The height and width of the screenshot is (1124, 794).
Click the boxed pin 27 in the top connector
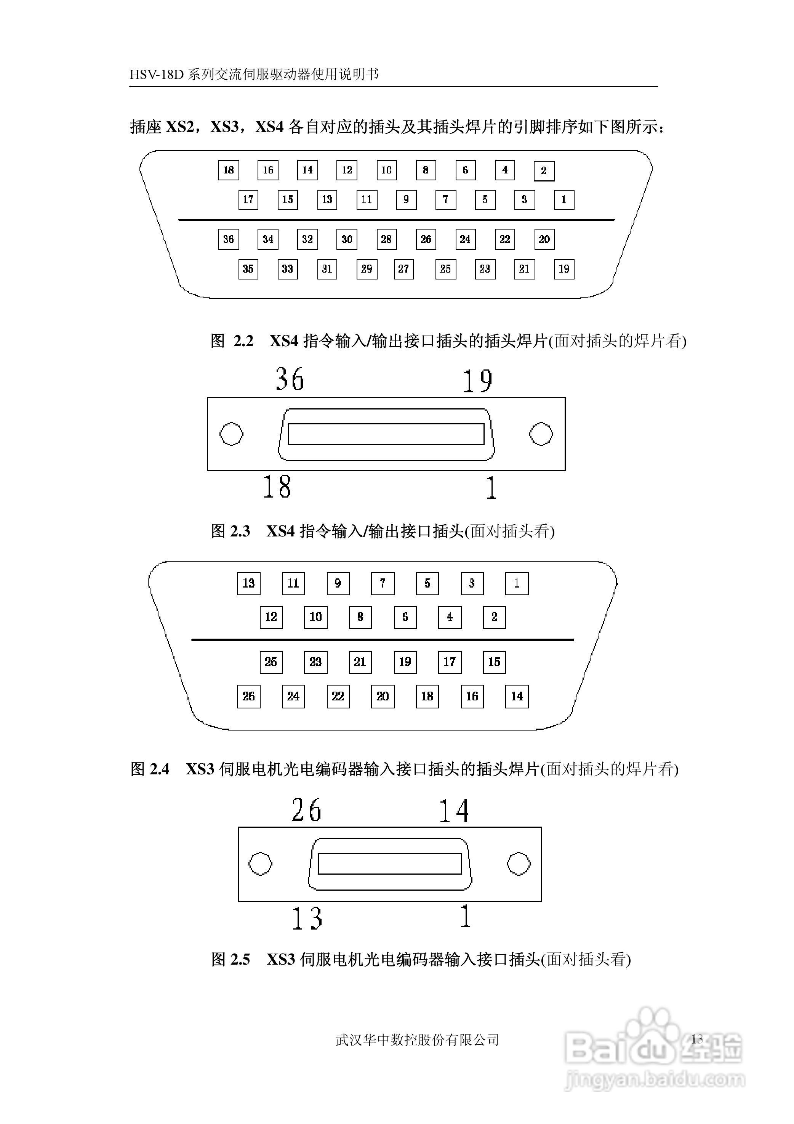pyautogui.click(x=403, y=269)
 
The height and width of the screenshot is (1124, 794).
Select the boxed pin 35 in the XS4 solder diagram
pyautogui.click(x=248, y=269)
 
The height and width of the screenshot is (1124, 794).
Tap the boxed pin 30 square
pyautogui.click(x=347, y=239)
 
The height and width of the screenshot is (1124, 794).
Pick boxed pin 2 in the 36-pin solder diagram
pyautogui.click(x=544, y=171)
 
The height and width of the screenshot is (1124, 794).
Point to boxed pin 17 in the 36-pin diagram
pyautogui.click(x=248, y=200)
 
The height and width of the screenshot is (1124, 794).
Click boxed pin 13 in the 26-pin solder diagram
pyautogui.click(x=248, y=583)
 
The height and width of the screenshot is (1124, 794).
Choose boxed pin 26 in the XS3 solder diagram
pyautogui.click(x=248, y=696)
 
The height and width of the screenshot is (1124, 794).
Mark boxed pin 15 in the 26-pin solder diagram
pyautogui.click(x=494, y=662)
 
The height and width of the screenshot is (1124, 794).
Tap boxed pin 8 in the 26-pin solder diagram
pyautogui.click(x=360, y=617)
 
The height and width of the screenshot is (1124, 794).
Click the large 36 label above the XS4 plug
pyautogui.click(x=290, y=379)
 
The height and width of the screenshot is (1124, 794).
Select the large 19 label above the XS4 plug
pyautogui.click(x=477, y=381)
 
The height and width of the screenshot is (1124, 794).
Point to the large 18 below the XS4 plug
pyautogui.click(x=277, y=486)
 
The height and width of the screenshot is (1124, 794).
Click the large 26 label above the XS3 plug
pyautogui.click(x=306, y=810)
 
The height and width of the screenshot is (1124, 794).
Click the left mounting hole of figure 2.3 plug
pyautogui.click(x=231, y=434)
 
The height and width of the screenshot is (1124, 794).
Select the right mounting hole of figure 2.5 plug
pyautogui.click(x=519, y=864)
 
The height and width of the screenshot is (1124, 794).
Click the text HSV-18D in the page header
pyautogui.click(x=156, y=74)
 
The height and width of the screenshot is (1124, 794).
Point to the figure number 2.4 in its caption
pyautogui.click(x=160, y=769)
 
